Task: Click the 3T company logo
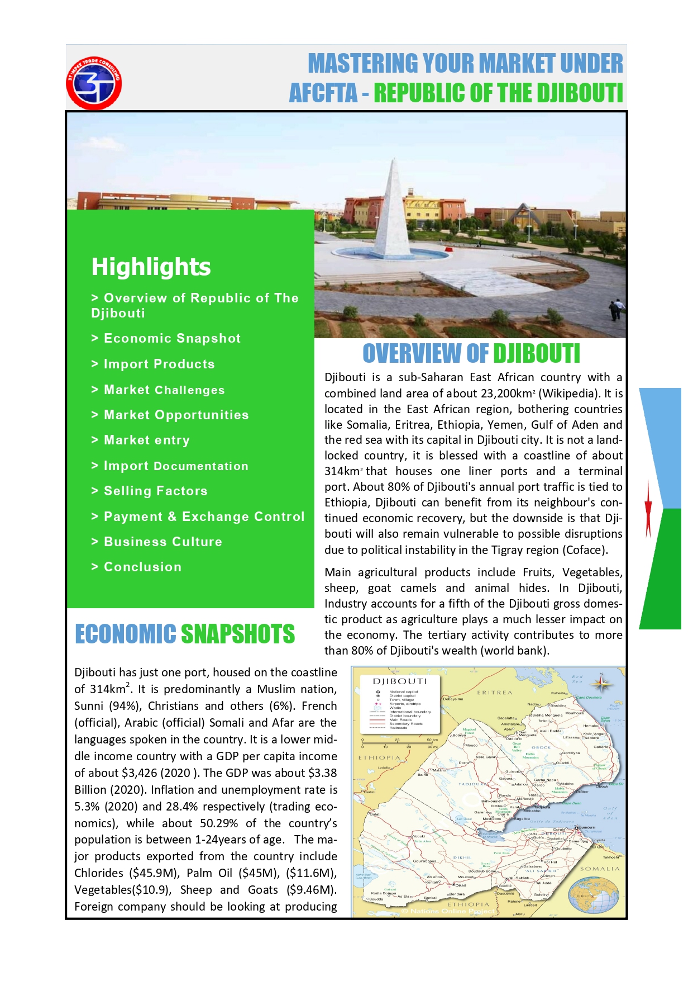click(94, 83)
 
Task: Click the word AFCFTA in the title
click(323, 93)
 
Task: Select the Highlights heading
click(151, 267)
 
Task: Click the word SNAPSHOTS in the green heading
click(238, 634)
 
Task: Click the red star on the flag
click(648, 508)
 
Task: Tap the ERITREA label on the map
click(494, 693)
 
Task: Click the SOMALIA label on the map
click(600, 869)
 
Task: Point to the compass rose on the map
click(601, 684)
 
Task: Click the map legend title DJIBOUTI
click(400, 681)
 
